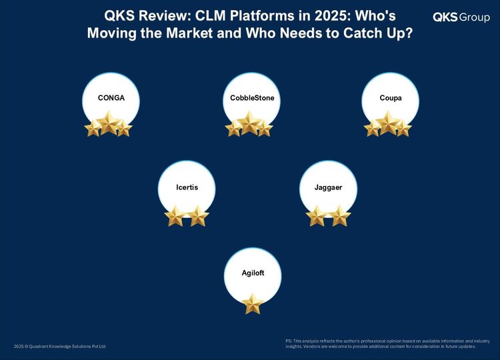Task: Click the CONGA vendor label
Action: pos(111,98)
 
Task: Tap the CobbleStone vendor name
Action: pos(252,98)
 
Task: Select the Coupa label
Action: pos(390,98)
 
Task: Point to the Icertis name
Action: pos(187,187)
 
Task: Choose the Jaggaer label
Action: pos(328,187)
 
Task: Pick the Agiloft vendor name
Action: pos(253,273)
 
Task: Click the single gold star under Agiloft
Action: pos(253,303)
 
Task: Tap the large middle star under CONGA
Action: pos(109,123)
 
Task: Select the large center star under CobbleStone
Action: pos(250,123)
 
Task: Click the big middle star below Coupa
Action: pos(388,123)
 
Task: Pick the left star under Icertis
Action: pos(175,216)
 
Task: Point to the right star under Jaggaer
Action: pos(339,216)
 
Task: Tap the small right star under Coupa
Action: pos(403,128)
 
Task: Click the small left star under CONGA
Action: pos(93,128)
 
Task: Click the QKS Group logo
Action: pos(461,17)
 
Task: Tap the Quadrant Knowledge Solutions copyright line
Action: pos(59,346)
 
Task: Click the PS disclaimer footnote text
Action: pos(388,344)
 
